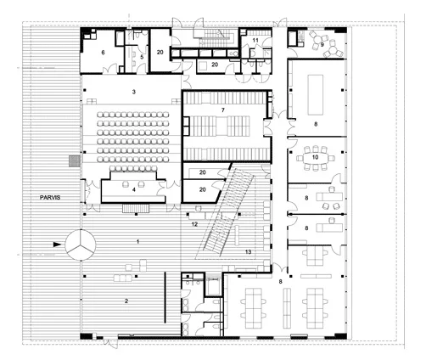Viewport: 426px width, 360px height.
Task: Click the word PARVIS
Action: [x=50, y=198]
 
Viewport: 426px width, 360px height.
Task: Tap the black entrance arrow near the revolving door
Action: [x=57, y=245]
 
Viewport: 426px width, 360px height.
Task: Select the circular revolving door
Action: [x=81, y=245]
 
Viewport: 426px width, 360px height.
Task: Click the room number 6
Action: [x=103, y=53]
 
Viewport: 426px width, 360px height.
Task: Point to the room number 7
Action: [x=223, y=110]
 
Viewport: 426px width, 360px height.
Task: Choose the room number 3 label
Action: [x=134, y=92]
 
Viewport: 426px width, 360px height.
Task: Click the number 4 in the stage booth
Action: [x=134, y=189]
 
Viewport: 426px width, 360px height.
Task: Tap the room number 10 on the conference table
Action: [x=315, y=157]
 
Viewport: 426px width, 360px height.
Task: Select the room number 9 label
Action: [x=322, y=44]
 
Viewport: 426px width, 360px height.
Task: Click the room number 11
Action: [x=255, y=40]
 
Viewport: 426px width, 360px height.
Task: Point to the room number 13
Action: [x=248, y=252]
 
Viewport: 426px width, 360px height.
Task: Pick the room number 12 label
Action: [x=194, y=224]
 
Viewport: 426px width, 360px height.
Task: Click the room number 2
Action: [x=126, y=301]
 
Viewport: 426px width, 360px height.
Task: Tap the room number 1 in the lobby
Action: [x=137, y=242]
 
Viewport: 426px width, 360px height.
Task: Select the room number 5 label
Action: [x=142, y=57]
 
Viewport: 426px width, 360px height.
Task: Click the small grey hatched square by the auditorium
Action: [x=74, y=160]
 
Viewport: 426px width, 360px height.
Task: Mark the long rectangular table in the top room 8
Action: [x=316, y=95]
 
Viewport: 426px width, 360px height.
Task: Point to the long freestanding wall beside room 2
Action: [x=165, y=297]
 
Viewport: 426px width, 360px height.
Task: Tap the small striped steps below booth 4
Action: [x=136, y=208]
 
